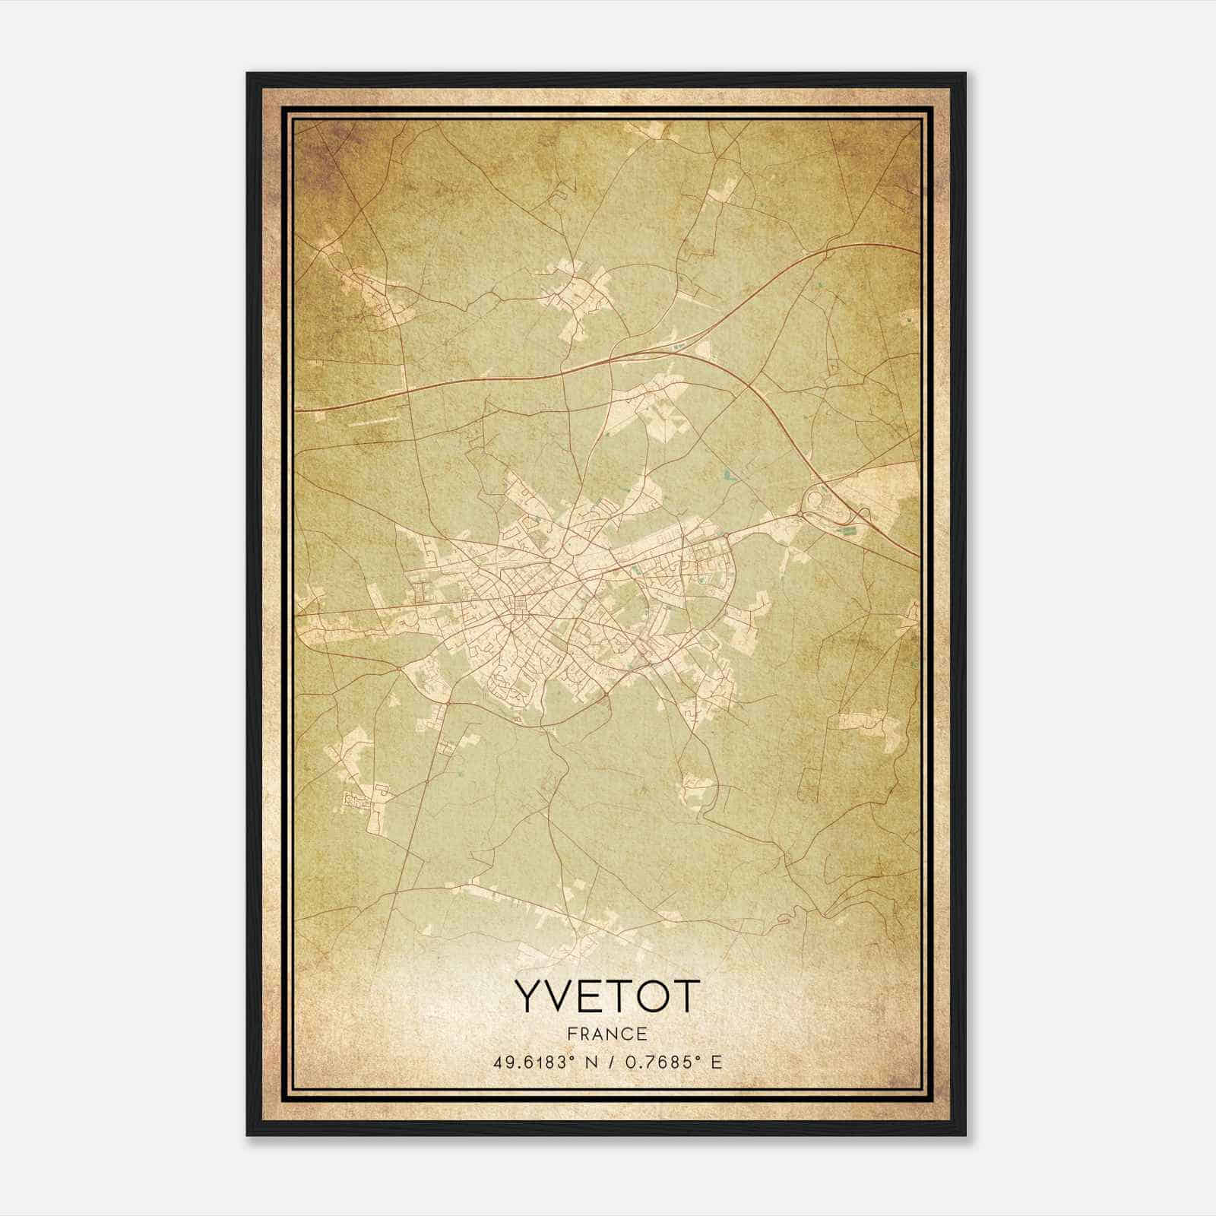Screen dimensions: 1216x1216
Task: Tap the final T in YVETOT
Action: pyautogui.click(x=684, y=997)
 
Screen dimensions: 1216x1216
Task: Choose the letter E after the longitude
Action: pyautogui.click(x=715, y=1062)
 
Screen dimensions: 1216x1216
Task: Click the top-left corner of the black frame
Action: pyautogui.click(x=248, y=74)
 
